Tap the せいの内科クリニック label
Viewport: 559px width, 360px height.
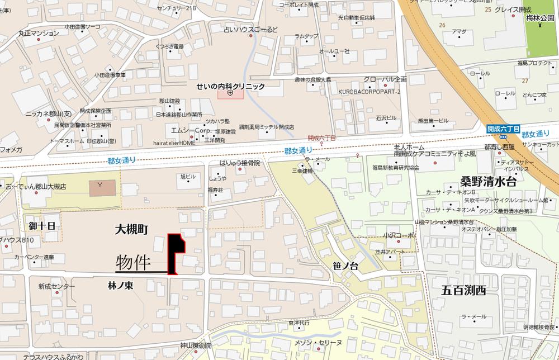pyautogui.click(x=230, y=87)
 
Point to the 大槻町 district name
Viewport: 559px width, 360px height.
pyautogui.click(x=131, y=229)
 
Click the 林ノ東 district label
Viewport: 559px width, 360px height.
pyautogui.click(x=120, y=285)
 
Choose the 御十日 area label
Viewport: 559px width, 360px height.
pyautogui.click(x=42, y=226)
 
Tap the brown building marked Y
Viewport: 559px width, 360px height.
pyautogui.click(x=101, y=188)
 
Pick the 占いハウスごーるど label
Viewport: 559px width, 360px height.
pyautogui.click(x=250, y=30)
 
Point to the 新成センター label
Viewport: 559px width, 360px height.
pyautogui.click(x=56, y=286)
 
